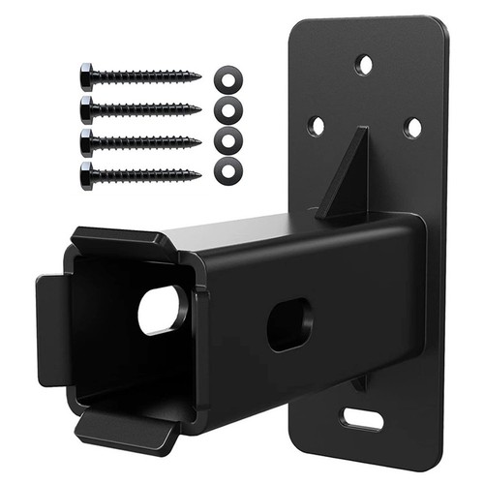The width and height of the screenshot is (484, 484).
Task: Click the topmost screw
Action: tap(140, 75)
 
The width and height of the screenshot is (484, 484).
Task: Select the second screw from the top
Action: tap(140, 106)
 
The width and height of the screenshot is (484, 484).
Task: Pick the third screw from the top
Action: tap(140, 139)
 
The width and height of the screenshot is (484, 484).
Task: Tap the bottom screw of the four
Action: tap(140, 174)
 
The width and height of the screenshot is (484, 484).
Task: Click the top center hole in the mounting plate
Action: tap(364, 66)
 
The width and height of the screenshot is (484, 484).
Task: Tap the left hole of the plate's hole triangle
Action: tap(317, 125)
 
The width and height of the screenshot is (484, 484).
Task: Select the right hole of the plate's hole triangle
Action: tap(412, 127)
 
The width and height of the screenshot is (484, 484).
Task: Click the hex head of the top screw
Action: tap(87, 75)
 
